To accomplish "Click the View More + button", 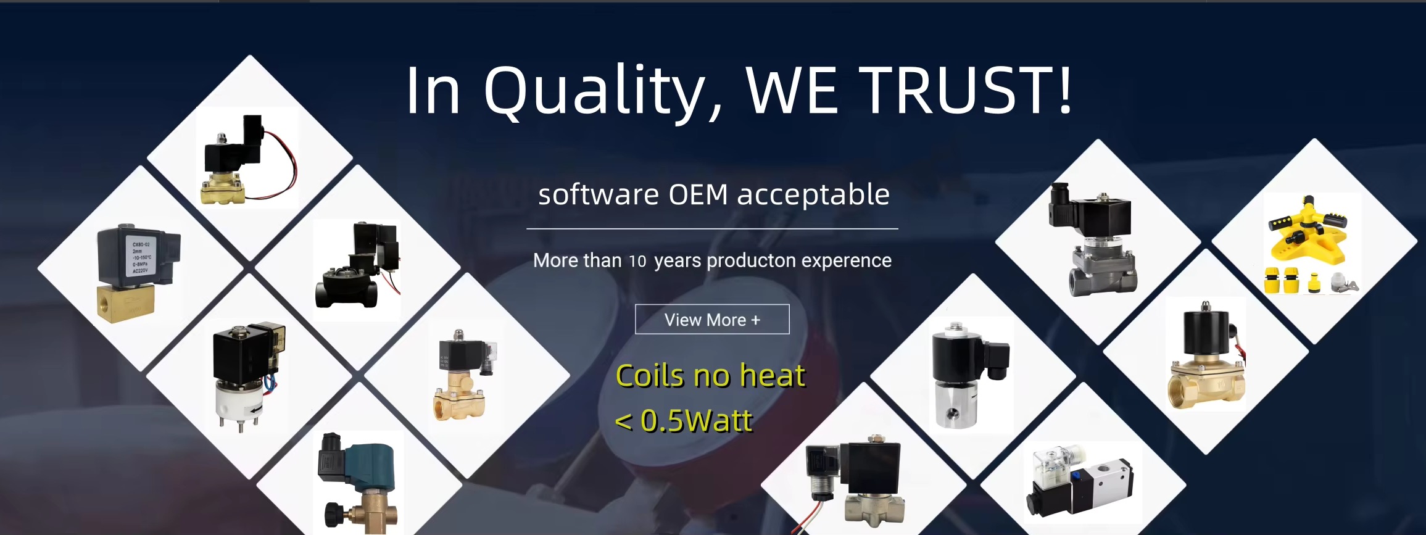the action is [712, 319].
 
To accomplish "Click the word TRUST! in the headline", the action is [966, 90].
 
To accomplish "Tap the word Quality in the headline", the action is [595, 92].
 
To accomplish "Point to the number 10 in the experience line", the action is [637, 261].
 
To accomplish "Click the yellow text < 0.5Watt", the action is [684, 421].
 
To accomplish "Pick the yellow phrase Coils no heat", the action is [711, 375].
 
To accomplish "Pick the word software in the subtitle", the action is [599, 195].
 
